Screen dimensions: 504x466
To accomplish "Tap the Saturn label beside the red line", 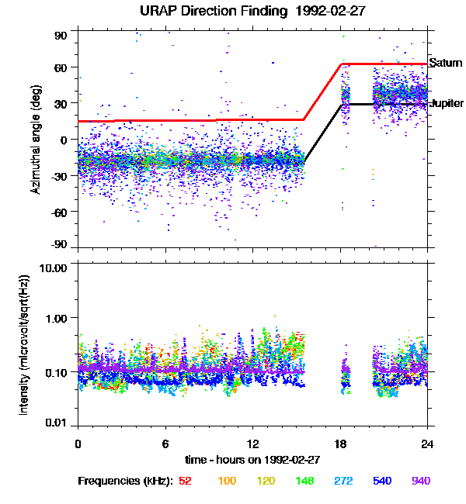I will pos(443,64).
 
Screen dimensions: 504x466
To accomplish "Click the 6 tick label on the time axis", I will pos(165,444).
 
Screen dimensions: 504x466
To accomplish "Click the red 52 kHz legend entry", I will pos(186,481).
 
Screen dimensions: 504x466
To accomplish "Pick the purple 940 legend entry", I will pos(420,481).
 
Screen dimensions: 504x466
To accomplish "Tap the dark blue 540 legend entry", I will pos(381,481).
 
